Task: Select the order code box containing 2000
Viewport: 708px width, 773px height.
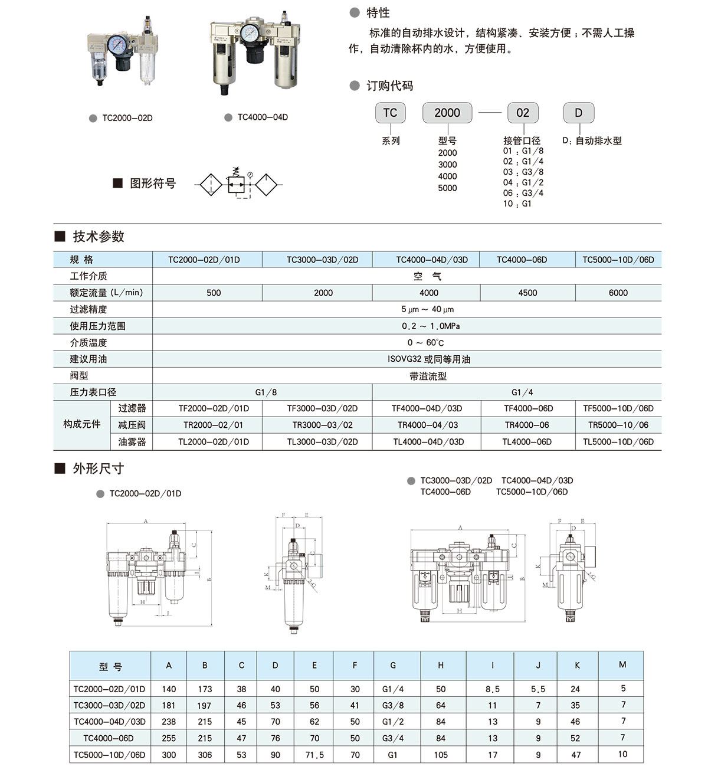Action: [x=447, y=113]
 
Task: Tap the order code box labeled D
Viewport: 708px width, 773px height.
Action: [x=578, y=113]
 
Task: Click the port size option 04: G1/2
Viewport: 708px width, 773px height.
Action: [x=523, y=182]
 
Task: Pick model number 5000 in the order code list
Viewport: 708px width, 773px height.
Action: [x=447, y=188]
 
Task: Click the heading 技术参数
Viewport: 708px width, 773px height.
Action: [x=98, y=237]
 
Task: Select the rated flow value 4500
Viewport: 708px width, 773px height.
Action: [x=527, y=293]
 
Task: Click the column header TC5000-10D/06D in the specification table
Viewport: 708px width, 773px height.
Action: [x=618, y=260]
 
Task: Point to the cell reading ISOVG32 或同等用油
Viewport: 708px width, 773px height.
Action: [x=428, y=359]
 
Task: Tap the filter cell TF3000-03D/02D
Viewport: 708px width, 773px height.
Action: [x=322, y=408]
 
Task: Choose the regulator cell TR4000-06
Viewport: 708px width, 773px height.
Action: [x=527, y=425]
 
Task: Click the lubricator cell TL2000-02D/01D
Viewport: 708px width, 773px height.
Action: [x=214, y=441]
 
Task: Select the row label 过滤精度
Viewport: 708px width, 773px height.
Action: [x=88, y=309]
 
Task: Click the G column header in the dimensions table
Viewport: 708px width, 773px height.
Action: [x=393, y=665]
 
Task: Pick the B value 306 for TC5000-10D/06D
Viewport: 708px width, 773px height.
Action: [x=205, y=755]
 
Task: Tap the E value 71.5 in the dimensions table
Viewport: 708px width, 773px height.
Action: [x=314, y=755]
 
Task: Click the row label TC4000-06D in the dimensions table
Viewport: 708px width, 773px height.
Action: [x=109, y=738]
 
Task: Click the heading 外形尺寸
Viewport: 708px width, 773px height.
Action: [x=98, y=469]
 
